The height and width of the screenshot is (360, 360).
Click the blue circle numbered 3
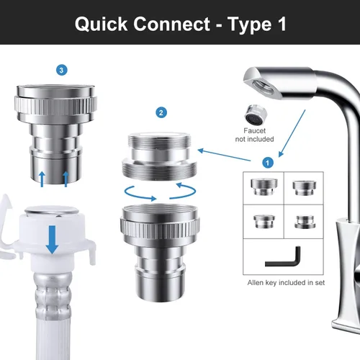(x=62, y=70)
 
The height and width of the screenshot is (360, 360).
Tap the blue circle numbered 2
(x=161, y=113)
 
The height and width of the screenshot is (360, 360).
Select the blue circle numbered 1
(x=268, y=163)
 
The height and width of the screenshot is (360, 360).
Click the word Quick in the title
(x=101, y=24)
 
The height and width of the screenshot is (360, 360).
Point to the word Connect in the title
(x=172, y=24)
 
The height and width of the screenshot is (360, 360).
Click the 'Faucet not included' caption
(x=254, y=135)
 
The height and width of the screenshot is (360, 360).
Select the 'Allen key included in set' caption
(x=286, y=283)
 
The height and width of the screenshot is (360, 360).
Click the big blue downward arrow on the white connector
(x=52, y=239)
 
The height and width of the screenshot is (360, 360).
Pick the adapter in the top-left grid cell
(x=264, y=186)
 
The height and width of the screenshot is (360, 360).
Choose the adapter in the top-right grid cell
(x=305, y=188)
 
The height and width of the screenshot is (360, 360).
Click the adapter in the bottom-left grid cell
(x=264, y=221)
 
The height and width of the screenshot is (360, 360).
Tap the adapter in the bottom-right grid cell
(x=305, y=222)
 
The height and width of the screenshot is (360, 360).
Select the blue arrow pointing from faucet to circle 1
(x=292, y=133)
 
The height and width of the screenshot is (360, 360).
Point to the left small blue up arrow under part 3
(x=42, y=179)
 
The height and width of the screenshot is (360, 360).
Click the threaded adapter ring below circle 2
(x=159, y=156)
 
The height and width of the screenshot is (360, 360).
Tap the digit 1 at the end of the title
(x=282, y=24)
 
